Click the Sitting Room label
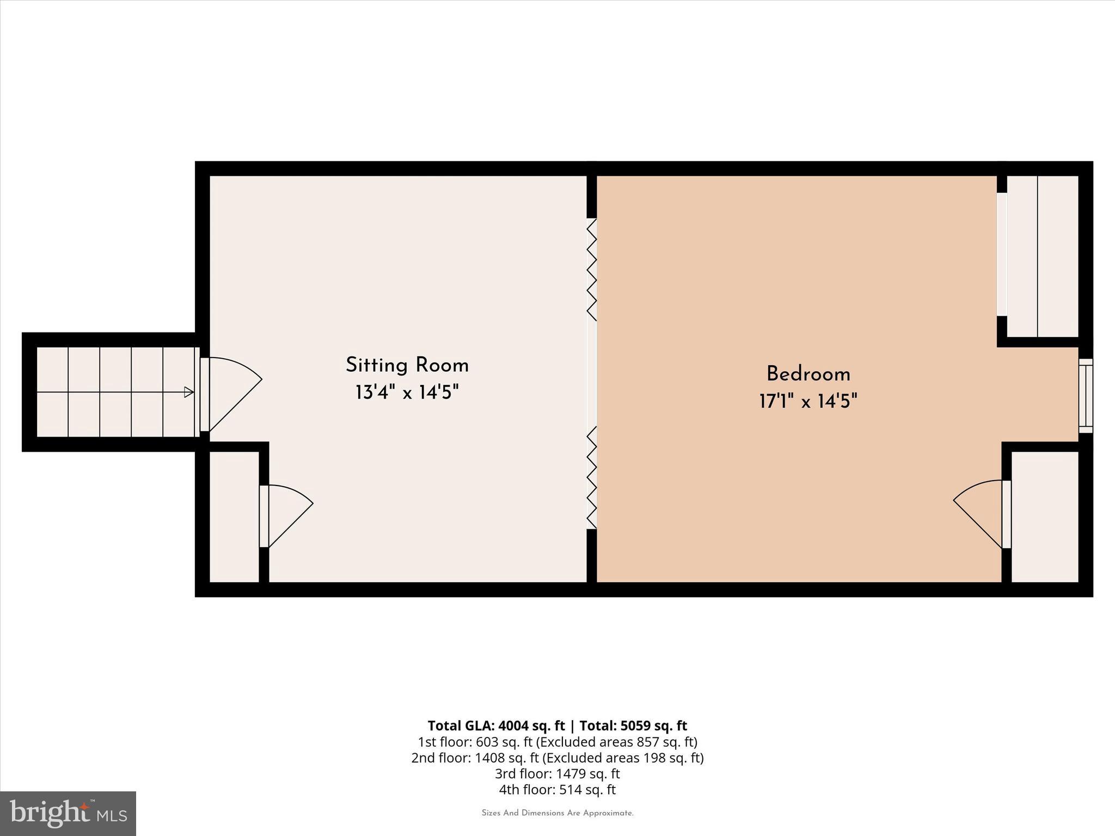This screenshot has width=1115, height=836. click(407, 365)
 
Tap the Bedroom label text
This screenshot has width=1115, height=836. click(808, 374)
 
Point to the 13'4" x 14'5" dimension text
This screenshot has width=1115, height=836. click(407, 392)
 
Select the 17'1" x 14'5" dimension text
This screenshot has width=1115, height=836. click(808, 402)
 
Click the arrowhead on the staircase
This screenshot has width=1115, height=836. click(189, 392)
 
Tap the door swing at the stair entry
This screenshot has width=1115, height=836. click(231, 393)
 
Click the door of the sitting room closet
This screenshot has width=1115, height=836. click(286, 515)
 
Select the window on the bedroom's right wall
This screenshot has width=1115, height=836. click(1086, 396)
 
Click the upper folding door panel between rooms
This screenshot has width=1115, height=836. click(592, 269)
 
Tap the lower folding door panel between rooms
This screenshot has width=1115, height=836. click(592, 477)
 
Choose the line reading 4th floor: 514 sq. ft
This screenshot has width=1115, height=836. click(557, 790)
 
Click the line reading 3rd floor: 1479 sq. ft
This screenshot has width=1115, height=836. click(557, 773)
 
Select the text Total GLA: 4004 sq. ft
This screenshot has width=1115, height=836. click(496, 726)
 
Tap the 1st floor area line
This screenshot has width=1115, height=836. click(557, 742)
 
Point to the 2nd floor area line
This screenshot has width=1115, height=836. click(557, 758)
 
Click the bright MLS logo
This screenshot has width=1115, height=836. click(68, 814)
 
